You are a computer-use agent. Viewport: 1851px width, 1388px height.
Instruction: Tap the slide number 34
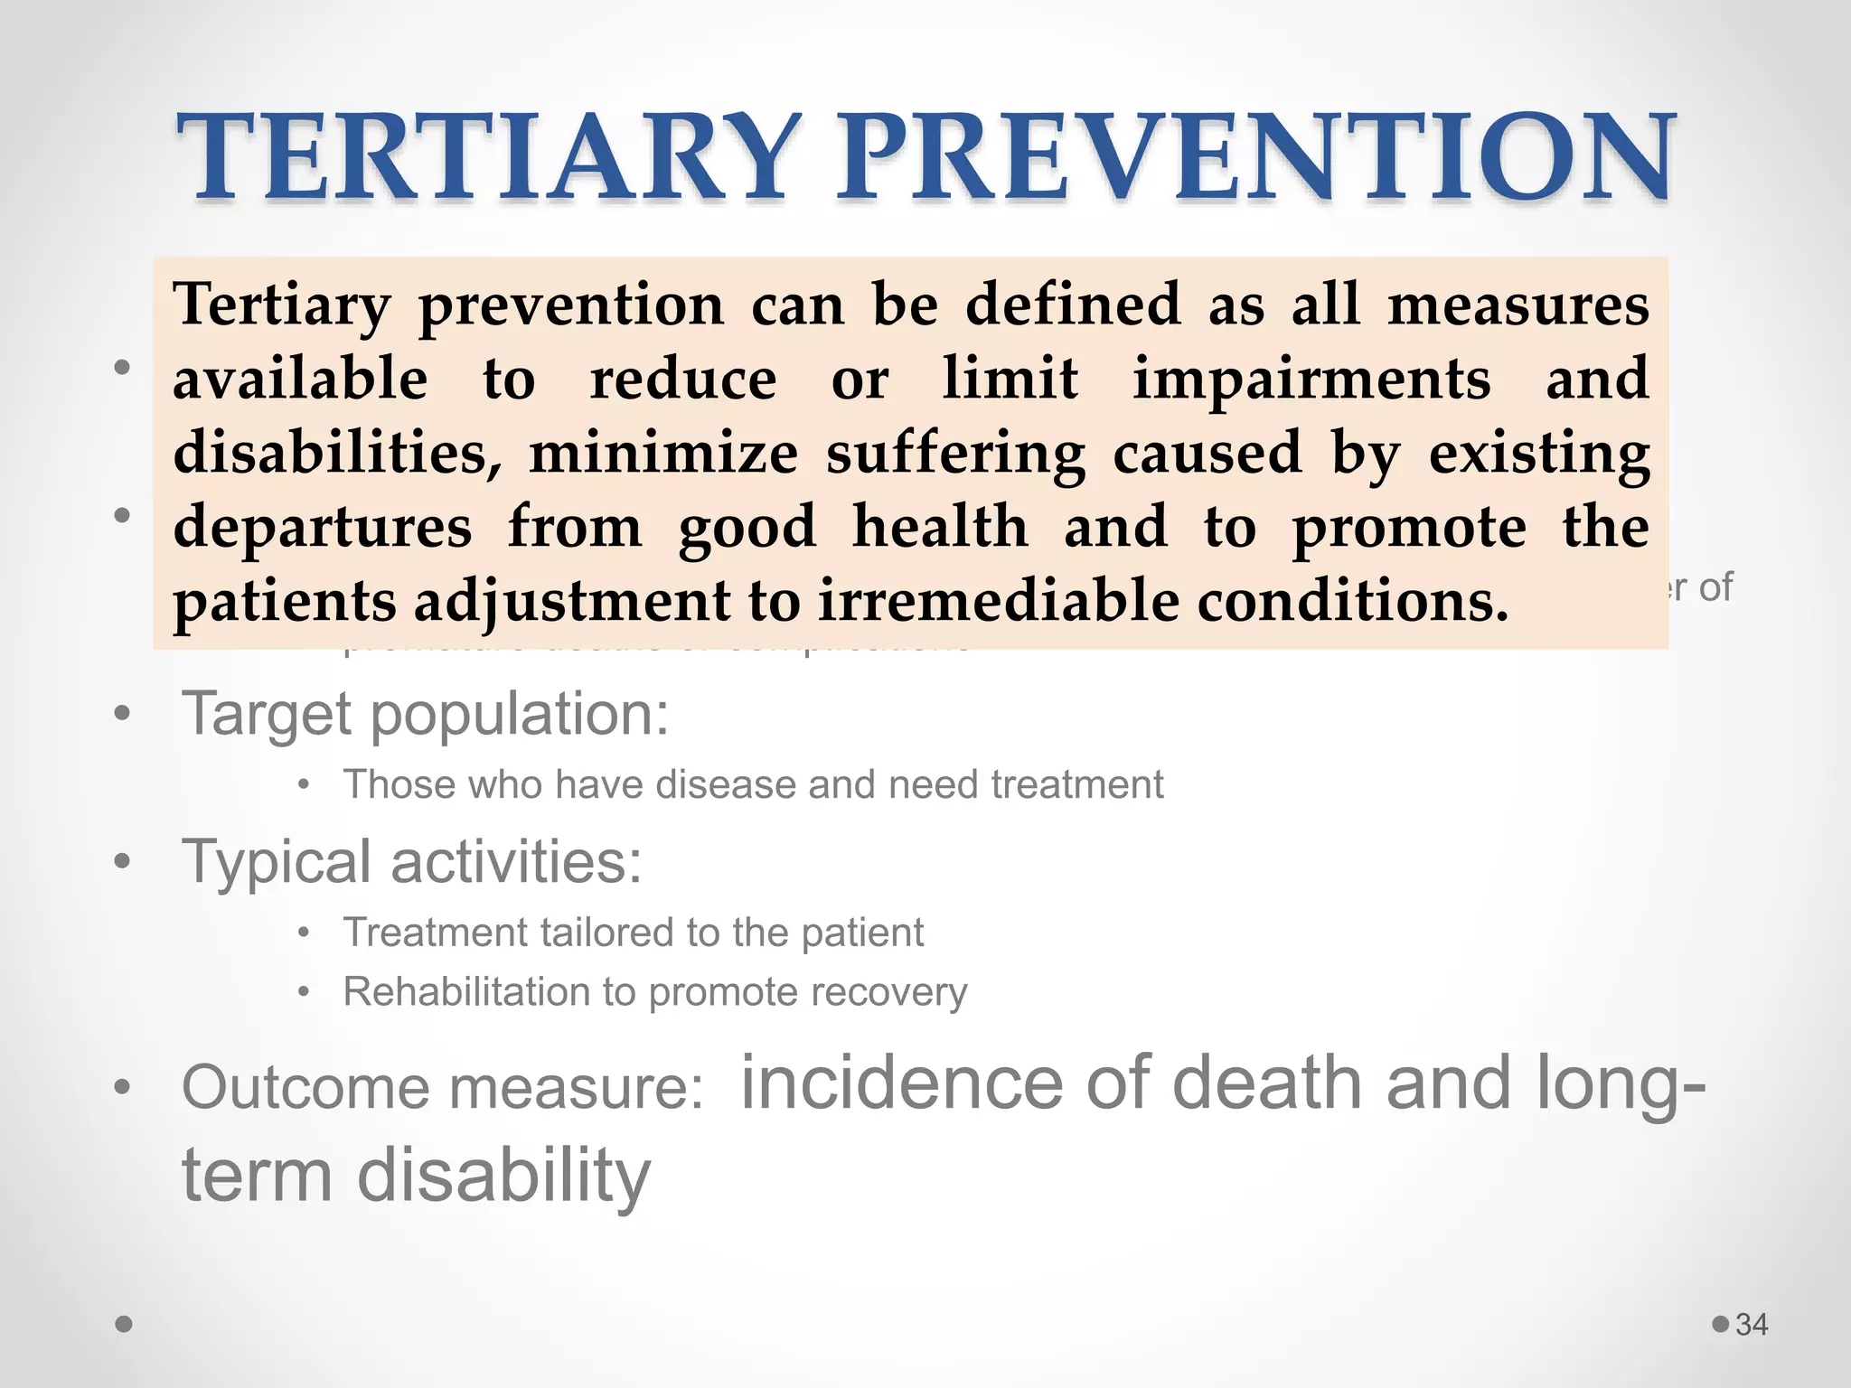click(x=1752, y=1325)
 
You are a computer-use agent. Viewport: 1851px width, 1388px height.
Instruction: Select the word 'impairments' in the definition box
click(x=1311, y=379)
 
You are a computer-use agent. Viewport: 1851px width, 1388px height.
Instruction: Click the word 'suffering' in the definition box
click(x=955, y=454)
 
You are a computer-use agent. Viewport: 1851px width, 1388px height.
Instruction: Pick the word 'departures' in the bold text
click(x=323, y=527)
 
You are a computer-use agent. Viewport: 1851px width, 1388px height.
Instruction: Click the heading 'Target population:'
click(x=426, y=714)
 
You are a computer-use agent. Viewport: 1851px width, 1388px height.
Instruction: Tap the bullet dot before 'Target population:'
click(x=123, y=715)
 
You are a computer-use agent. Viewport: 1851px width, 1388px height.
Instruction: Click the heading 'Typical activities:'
click(x=412, y=861)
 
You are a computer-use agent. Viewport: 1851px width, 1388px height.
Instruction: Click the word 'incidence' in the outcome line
click(x=901, y=1083)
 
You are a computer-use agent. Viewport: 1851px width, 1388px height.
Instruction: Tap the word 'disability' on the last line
click(x=504, y=1176)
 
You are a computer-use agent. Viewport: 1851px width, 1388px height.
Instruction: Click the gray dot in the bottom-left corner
click(x=125, y=1325)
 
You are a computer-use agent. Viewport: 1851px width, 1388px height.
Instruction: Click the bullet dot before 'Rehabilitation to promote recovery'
click(x=305, y=992)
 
